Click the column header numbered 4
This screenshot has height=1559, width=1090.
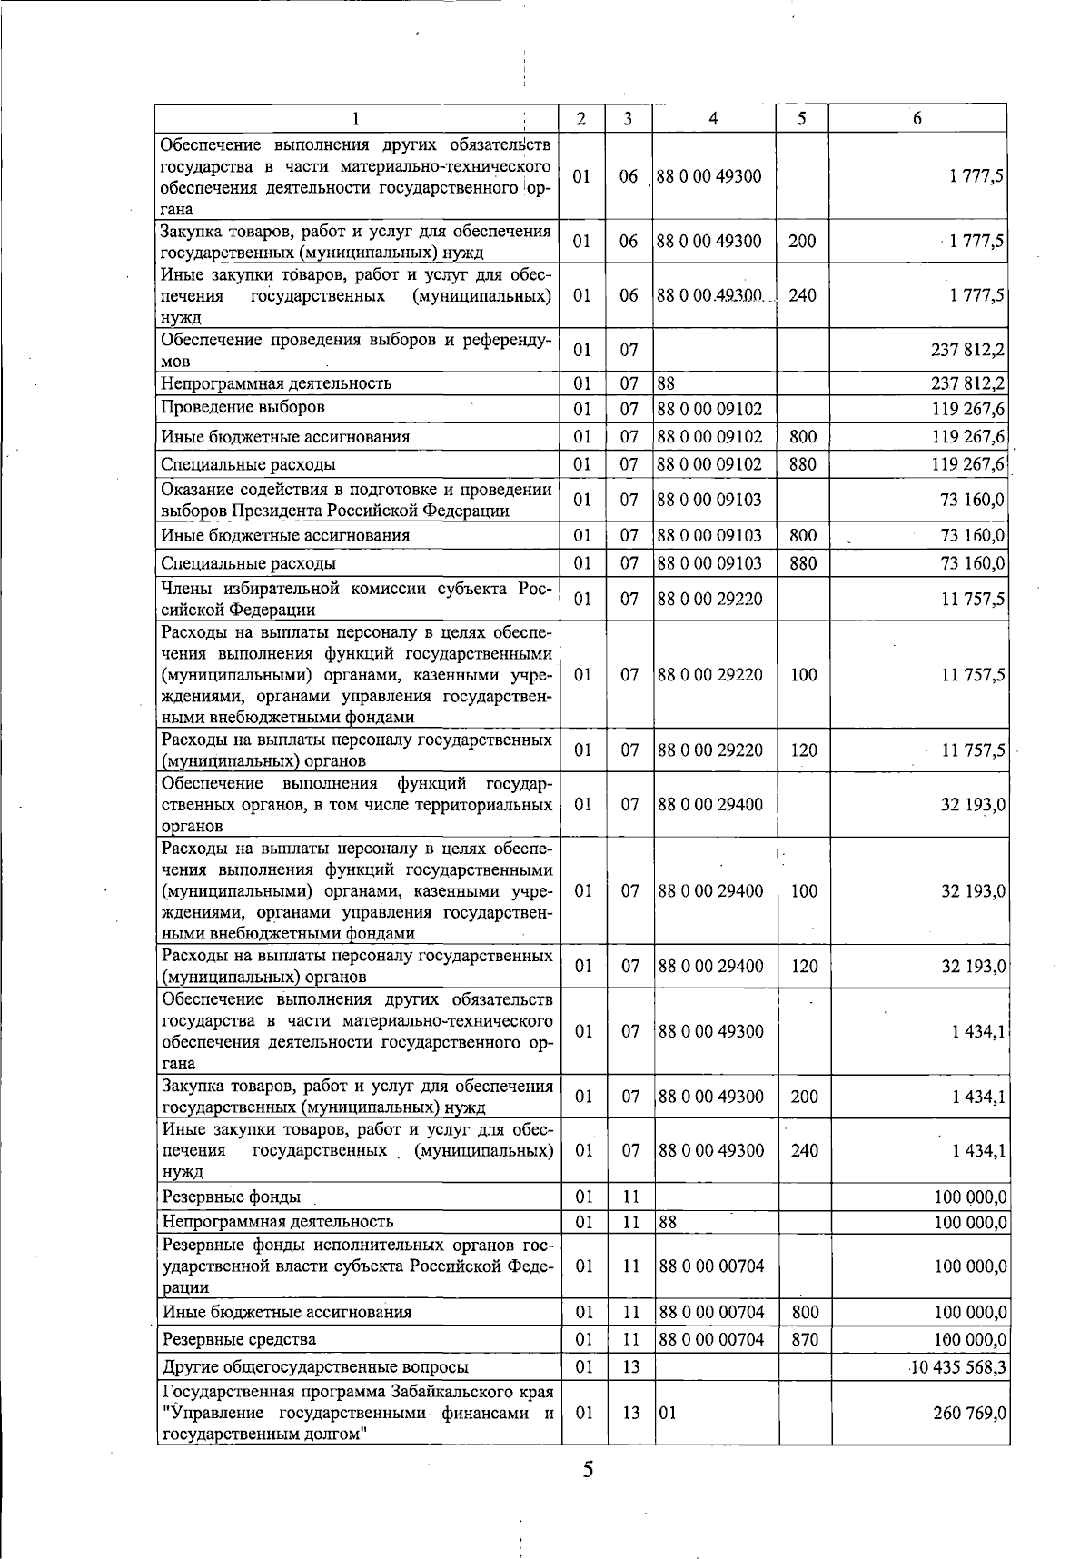tap(713, 119)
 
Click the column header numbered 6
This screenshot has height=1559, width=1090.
tap(917, 119)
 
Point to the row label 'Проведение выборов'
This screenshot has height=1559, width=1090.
tap(243, 407)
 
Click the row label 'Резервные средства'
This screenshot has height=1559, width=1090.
tap(239, 1340)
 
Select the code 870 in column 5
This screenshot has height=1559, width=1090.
tap(804, 1340)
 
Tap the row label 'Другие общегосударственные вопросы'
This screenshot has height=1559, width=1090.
tap(315, 1367)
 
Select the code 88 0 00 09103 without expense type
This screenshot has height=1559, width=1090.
tap(709, 500)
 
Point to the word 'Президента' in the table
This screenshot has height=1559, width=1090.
tap(271, 511)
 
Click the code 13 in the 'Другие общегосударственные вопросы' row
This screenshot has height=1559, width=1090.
tap(630, 1367)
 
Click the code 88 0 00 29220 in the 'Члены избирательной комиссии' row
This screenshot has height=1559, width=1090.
tap(709, 599)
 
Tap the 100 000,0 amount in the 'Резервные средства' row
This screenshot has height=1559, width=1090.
tap(971, 1340)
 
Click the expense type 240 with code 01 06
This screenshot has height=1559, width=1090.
tap(803, 295)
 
